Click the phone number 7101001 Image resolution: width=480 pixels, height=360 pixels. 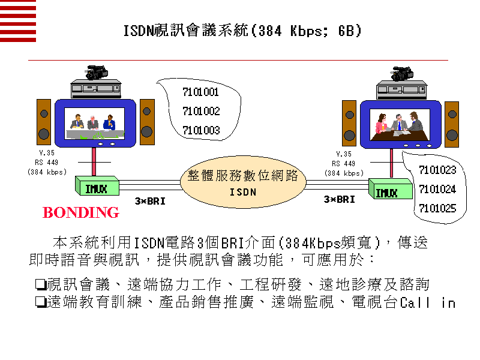point(200,92)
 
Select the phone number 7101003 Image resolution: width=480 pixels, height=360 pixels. point(200,130)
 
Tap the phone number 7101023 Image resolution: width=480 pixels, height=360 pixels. point(437,170)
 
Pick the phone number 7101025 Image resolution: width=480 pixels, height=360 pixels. point(437,209)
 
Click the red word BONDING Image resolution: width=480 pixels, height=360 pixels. point(81,212)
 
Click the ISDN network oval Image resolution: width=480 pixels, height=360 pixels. point(242,183)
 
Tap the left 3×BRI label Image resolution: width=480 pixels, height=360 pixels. point(149,201)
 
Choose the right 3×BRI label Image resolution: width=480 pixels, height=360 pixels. point(340,199)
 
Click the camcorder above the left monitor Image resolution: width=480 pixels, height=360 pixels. point(96,73)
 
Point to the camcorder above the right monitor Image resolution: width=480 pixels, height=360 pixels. point(401,73)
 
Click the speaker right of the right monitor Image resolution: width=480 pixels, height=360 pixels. point(452,124)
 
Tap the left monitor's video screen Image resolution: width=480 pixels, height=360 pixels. point(95,123)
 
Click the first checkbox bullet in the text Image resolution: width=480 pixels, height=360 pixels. point(41,283)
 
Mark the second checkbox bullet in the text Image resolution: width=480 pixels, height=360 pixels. point(41,302)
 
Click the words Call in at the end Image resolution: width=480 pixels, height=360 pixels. point(428,302)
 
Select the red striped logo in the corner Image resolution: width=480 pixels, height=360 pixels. point(18,21)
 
